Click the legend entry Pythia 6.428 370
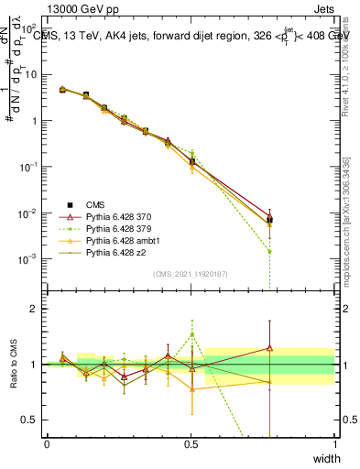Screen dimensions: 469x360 [120, 215]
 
